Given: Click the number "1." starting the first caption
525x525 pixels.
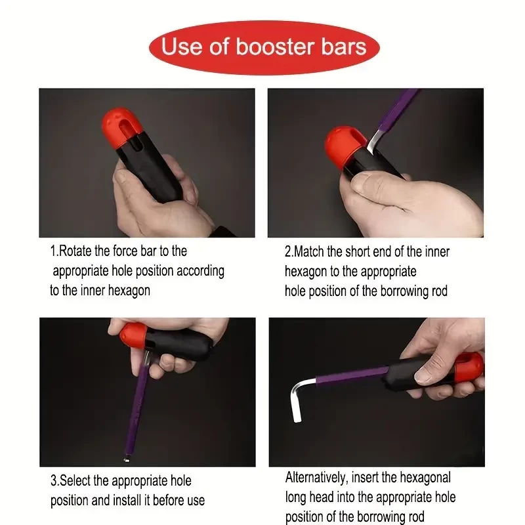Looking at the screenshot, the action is pyautogui.click(x=54, y=251).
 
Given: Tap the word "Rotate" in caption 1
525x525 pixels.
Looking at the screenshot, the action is pyautogui.click(x=75, y=251).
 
